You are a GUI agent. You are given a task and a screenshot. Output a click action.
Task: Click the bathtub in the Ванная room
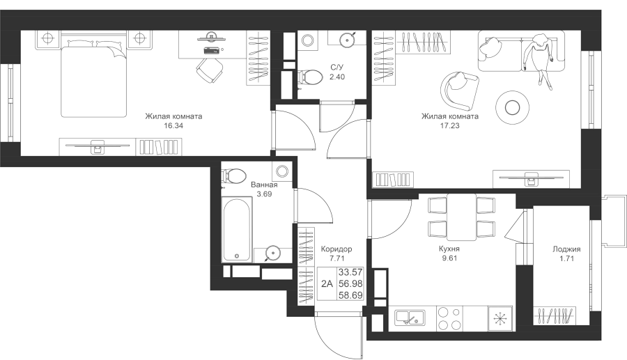[x=238, y=229]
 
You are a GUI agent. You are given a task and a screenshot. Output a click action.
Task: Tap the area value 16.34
[x=173, y=125]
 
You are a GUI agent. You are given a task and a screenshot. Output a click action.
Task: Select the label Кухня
[x=449, y=249]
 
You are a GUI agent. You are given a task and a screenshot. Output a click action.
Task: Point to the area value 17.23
[x=450, y=125]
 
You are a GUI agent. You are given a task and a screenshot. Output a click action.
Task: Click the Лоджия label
[x=566, y=249]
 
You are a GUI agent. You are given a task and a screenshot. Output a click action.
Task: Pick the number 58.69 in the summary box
[x=350, y=295]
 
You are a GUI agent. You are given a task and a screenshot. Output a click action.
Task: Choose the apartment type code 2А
[x=327, y=284]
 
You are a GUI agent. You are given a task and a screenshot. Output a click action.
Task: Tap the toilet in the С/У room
[x=310, y=77]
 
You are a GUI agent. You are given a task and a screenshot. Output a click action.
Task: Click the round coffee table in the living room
[x=512, y=107]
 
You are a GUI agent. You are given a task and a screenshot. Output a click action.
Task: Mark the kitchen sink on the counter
[x=410, y=318]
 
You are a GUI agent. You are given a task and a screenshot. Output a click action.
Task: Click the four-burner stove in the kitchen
[x=449, y=318]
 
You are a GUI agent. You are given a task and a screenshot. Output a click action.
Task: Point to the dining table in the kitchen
[x=461, y=217]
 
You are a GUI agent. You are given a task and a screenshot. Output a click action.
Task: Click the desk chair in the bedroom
[x=210, y=70]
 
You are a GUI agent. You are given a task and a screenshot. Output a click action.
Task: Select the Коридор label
[x=336, y=249]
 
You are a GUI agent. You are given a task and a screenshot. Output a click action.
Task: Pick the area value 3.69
[x=264, y=194]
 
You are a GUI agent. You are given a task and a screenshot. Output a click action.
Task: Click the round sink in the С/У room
[x=347, y=39]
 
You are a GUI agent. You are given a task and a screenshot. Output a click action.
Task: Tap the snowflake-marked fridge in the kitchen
[x=500, y=318]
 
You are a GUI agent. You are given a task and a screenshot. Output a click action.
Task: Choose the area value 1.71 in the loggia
[x=566, y=258]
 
